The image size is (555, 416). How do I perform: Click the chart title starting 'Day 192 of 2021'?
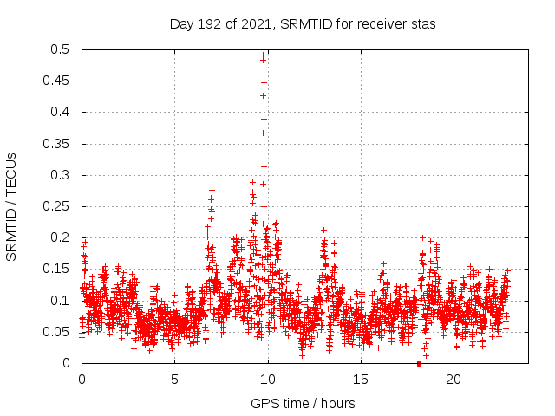302,23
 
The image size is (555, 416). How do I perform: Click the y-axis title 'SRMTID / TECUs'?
11,206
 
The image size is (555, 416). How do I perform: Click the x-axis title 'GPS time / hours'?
303,403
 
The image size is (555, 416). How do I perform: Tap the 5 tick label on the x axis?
174,380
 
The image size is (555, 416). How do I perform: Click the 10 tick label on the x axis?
268,380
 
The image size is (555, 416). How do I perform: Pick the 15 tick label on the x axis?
361,380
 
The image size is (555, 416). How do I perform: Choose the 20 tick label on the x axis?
454,380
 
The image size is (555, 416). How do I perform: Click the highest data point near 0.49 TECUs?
263,55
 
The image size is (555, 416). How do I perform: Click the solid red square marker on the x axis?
419,363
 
